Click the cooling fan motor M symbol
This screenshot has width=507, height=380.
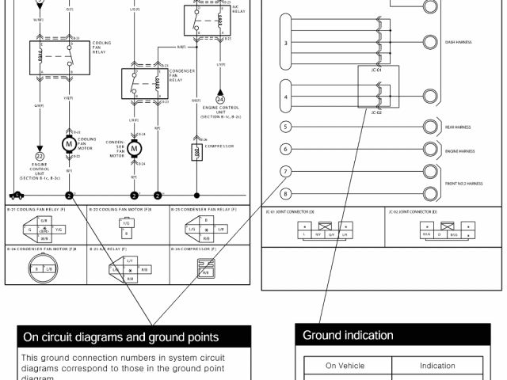pos(69,143)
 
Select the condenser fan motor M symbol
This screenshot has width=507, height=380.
pos(134,148)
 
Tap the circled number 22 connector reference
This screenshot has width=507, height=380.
pos(39,157)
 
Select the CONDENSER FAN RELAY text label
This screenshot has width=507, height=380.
pos(181,76)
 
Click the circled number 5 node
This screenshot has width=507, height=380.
pos(285,126)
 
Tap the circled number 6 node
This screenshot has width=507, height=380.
pos(285,149)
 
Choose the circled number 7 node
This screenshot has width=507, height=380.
pos(285,172)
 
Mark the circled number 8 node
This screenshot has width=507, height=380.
pos(285,194)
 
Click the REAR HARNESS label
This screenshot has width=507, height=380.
pos(458,127)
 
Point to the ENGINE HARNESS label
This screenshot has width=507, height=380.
pos(459,149)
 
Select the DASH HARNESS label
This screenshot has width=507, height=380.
pos(459,42)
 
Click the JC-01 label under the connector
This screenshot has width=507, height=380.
pos(376,70)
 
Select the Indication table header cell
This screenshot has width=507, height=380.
pos(437,366)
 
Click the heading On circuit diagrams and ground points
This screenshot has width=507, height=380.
pos(120,337)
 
